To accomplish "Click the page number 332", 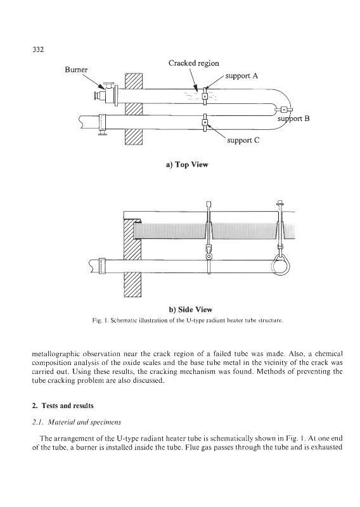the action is [38, 49].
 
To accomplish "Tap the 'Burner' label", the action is [76, 70].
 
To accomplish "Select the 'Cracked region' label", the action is [194, 63].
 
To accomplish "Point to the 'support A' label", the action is [241, 75].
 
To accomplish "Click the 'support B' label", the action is [293, 119].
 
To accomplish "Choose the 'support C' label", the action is [243, 140].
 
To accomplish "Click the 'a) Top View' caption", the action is [187, 165].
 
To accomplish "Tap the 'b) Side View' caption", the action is [191, 309].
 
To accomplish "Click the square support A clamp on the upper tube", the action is [205, 96].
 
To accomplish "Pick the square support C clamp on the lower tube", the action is [205, 122].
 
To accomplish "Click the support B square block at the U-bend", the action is [284, 110].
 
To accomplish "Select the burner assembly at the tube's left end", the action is [106, 93].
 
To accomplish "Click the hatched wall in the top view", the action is [133, 109].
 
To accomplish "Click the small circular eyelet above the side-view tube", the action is [209, 257].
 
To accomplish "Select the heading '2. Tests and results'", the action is [63, 406].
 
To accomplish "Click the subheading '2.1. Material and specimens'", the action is [77, 422].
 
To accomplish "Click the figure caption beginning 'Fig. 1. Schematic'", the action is [188, 321].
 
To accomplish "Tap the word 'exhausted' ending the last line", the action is [328, 447].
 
